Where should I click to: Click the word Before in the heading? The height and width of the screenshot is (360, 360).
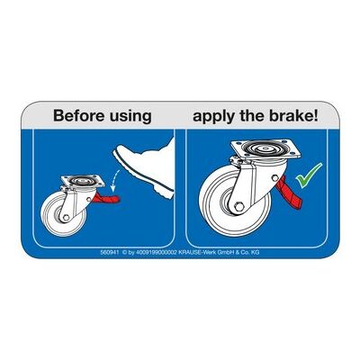click(x=79, y=115)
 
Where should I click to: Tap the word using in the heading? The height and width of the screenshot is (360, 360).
click(x=130, y=117)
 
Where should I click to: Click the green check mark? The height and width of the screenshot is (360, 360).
click(x=309, y=175)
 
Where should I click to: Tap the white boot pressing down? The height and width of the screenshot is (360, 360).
click(x=145, y=167)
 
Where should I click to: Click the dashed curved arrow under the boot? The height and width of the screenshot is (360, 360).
click(x=114, y=181)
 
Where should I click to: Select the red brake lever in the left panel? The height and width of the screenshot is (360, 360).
click(x=106, y=198)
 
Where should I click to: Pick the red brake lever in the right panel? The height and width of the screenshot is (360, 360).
click(x=288, y=193)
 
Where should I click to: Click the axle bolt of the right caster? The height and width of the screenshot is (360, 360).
click(x=239, y=207)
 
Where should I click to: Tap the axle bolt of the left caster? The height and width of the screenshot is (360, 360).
click(x=66, y=217)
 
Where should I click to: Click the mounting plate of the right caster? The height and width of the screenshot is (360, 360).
click(x=265, y=149)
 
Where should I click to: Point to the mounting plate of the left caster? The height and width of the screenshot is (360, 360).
click(x=83, y=181)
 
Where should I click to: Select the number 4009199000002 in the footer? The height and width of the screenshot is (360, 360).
click(x=157, y=253)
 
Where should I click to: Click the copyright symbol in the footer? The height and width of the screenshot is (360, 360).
click(x=124, y=253)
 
